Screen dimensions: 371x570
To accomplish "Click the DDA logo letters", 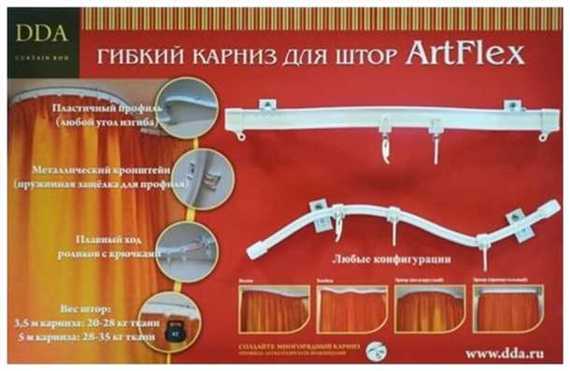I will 41,34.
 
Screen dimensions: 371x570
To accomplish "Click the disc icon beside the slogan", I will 375,350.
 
